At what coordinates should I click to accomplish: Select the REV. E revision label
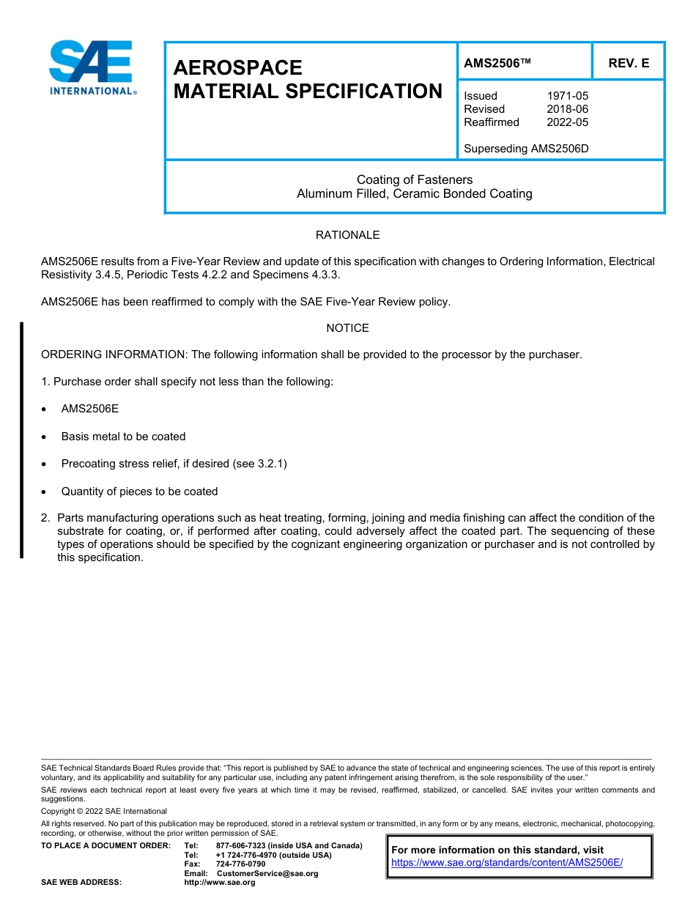point(628,64)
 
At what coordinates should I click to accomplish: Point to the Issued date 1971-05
point(567,96)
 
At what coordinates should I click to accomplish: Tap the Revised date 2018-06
point(567,109)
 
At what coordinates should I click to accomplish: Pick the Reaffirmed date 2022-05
point(567,122)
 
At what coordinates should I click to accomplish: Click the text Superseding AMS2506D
point(526,149)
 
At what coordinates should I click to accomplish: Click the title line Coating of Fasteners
point(415,179)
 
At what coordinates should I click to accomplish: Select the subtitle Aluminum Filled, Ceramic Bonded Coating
point(415,194)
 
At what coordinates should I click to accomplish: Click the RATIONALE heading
point(347,235)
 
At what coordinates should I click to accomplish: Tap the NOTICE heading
point(347,328)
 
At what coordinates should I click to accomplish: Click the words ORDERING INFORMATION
point(114,355)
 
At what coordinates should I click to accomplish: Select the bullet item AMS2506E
point(89,409)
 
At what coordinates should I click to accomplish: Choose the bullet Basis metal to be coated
point(123,437)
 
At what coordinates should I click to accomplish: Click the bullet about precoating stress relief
point(174,464)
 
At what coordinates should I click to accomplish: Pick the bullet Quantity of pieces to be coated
point(139,492)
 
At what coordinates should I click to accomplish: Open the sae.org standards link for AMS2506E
point(507,863)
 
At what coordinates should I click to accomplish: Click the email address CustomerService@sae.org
point(267,873)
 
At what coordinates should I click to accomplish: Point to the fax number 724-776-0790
point(241,864)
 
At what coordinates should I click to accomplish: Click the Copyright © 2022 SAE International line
point(104,811)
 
